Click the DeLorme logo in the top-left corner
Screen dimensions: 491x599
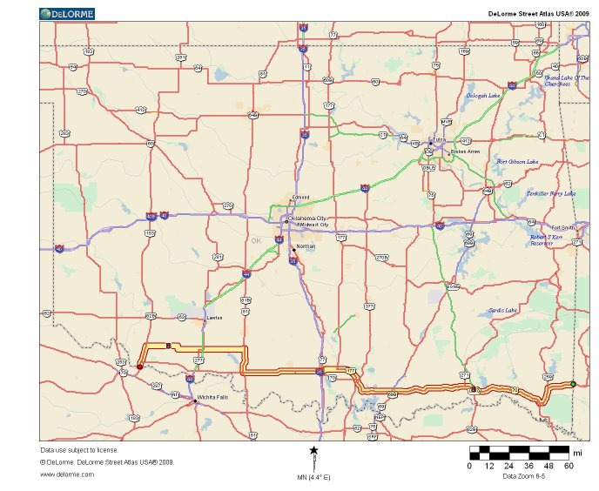click(x=67, y=13)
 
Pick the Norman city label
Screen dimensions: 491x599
click(x=306, y=246)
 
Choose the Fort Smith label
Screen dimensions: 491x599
click(x=561, y=227)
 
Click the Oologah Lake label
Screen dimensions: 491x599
click(x=481, y=95)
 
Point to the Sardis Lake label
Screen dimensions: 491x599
click(x=502, y=310)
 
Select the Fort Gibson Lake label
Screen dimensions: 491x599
click(x=517, y=162)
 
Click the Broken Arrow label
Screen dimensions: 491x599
click(x=465, y=151)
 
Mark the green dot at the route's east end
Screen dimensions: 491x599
click(x=573, y=384)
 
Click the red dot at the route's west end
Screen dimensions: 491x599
click(x=139, y=367)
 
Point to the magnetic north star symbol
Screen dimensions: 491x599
click(x=313, y=450)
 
